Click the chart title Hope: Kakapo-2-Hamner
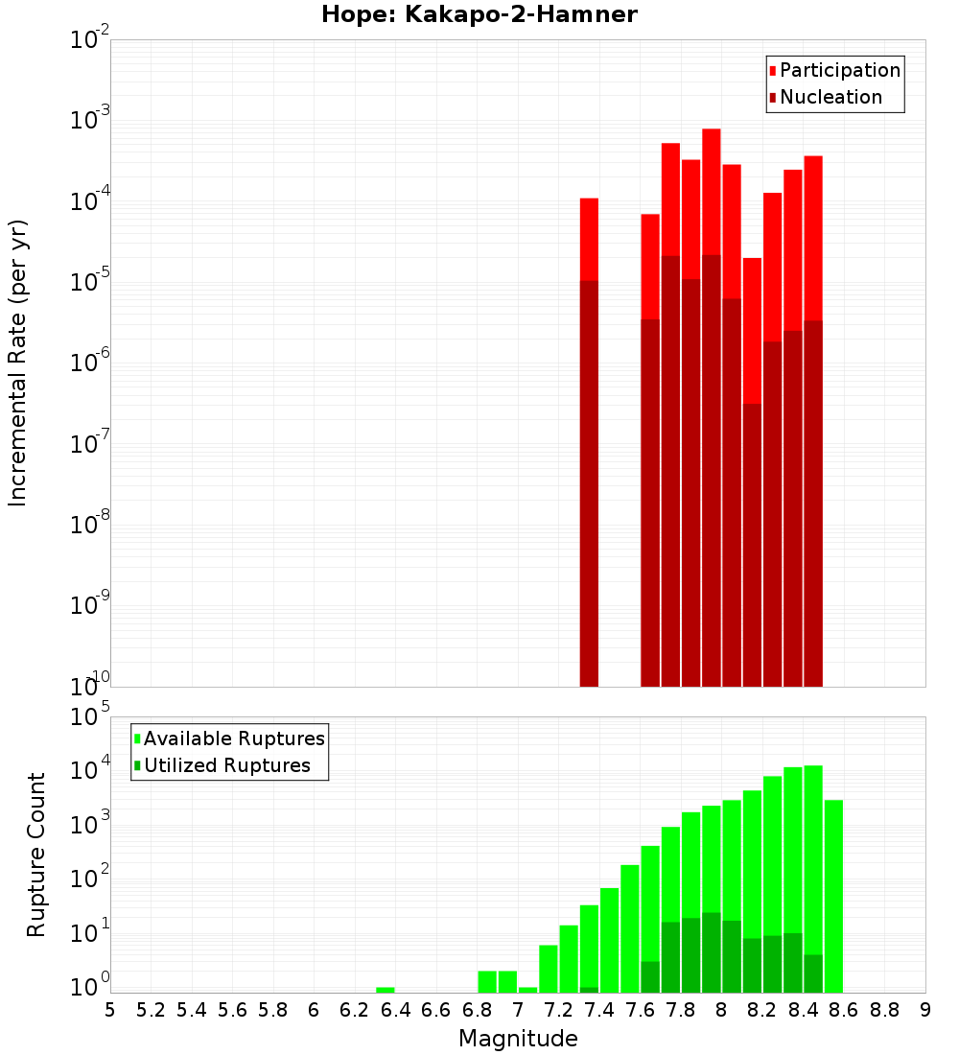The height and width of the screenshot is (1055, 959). point(479,15)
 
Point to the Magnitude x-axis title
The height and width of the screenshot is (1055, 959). point(518,1039)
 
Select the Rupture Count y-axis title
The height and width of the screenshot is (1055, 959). point(36,854)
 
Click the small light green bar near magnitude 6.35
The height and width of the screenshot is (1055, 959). point(386,990)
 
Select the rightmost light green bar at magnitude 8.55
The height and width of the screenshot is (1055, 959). point(833,892)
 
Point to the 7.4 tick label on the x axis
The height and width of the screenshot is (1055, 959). point(599,1010)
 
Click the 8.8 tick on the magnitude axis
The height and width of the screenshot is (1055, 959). point(884,1010)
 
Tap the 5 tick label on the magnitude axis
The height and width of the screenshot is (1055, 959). point(110,1010)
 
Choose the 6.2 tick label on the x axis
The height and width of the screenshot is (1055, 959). point(355,1010)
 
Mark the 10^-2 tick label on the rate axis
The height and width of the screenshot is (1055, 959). point(89,40)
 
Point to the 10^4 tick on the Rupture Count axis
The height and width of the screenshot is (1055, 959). point(89,771)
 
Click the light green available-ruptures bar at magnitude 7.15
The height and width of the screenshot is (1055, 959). point(549,969)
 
